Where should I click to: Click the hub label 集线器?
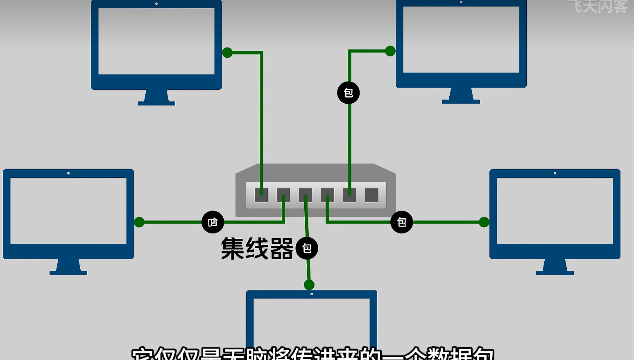click(257, 249)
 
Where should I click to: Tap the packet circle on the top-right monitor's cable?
click(349, 93)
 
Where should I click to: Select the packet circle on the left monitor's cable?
click(213, 222)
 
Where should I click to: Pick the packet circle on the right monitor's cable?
click(402, 222)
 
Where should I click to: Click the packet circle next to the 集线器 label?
click(307, 248)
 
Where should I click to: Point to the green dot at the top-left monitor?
click(227, 52)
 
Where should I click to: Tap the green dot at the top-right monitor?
click(390, 51)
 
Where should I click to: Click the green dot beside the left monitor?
click(139, 222)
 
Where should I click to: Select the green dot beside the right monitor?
click(484, 222)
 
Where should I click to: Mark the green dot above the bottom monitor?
click(309, 285)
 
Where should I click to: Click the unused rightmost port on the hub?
click(371, 195)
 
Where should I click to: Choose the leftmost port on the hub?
click(261, 195)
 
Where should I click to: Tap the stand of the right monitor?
click(555, 267)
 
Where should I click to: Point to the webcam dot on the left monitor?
click(68, 173)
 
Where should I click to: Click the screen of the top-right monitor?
click(461, 40)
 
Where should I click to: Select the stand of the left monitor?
click(68, 267)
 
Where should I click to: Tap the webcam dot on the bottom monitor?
click(312, 294)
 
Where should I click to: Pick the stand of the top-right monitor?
click(461, 96)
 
